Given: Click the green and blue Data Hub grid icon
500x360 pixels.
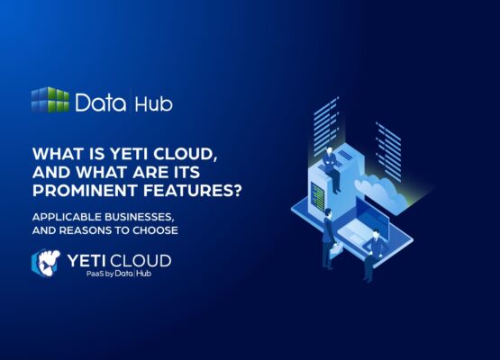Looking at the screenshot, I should click(50, 100).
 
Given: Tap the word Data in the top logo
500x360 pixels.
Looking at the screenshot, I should click(100, 102).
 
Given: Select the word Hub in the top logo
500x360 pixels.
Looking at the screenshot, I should click(153, 102).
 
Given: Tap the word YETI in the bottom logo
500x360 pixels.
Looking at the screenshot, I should click(92, 261).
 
